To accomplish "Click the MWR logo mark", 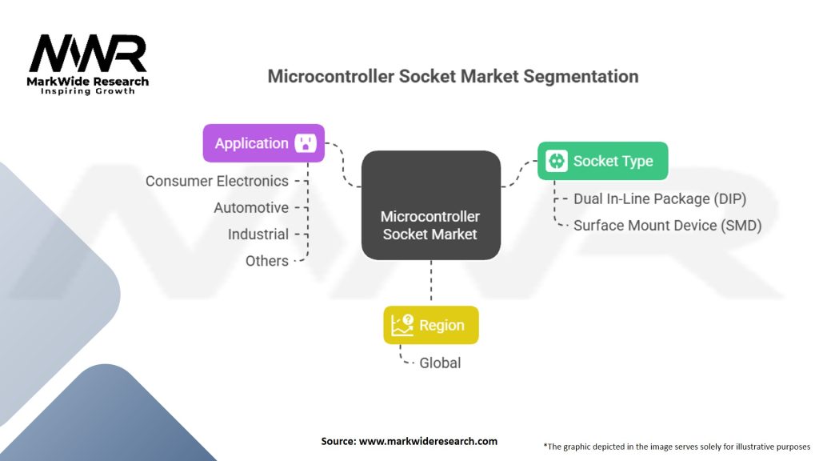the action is [88, 54].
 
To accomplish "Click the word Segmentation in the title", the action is [581, 76].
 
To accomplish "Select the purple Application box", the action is [264, 143].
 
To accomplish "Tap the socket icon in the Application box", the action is [306, 142].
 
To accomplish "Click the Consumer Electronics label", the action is [217, 181].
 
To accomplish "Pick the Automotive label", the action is [251, 207].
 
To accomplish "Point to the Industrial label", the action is [258, 235].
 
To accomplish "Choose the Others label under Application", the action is [267, 261].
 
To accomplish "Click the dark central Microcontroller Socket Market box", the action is [431, 206].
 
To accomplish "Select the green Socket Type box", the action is [603, 161].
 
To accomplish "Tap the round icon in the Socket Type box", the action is [557, 161].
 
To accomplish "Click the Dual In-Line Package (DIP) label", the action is [660, 199].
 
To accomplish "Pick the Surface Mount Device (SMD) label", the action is [668, 226].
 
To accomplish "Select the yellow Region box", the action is [431, 325].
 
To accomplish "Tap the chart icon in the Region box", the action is [402, 325].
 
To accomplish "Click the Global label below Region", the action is [440, 363].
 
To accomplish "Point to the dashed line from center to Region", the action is [431, 283].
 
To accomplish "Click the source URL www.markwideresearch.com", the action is [429, 441].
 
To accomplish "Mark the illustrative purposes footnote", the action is [677, 447].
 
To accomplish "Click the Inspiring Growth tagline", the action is [88, 91].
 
